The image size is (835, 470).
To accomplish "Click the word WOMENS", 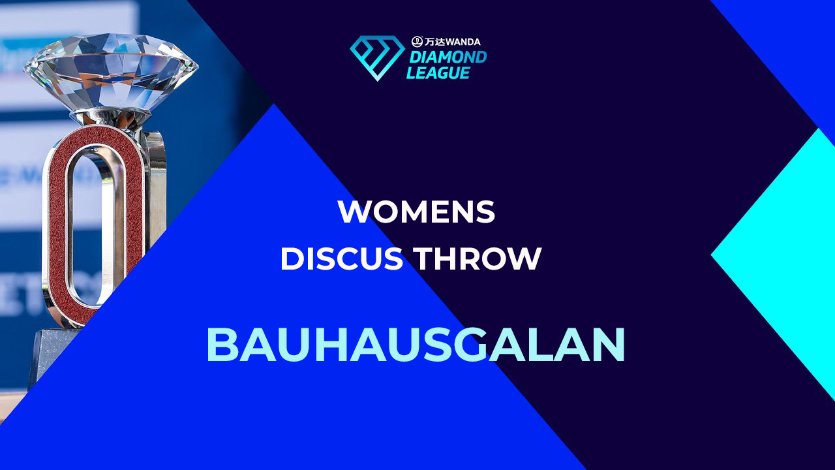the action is [x=416, y=211].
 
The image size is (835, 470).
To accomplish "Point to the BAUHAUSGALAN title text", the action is [x=416, y=345].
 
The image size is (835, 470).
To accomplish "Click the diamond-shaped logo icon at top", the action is [x=377, y=58].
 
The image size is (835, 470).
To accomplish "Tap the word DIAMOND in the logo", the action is [x=448, y=57].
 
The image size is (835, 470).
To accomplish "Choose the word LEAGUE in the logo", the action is [x=438, y=72].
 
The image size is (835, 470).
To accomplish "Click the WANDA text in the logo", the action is [x=463, y=42].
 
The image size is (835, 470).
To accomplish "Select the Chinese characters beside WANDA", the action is [x=434, y=42].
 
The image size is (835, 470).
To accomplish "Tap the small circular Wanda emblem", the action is [x=417, y=41].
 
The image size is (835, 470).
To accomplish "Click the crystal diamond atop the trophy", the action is [x=111, y=72].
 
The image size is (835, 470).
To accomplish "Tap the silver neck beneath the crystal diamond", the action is [x=112, y=119].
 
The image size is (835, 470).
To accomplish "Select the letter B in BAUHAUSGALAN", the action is [x=222, y=345].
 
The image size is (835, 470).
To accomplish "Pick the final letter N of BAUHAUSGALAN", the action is [x=609, y=345].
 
